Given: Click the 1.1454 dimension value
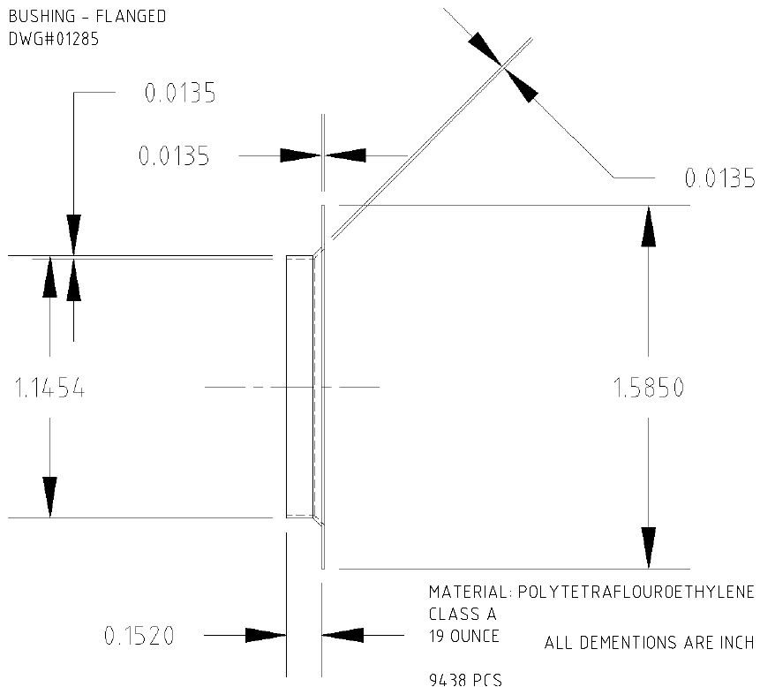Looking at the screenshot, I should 49,389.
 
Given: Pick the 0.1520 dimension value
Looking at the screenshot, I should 139,635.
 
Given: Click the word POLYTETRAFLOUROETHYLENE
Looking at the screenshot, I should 637,592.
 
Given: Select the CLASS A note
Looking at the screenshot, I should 463,614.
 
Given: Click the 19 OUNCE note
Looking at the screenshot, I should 464,636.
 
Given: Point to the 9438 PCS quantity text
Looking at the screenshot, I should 465,679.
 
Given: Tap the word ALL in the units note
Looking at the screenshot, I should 557,643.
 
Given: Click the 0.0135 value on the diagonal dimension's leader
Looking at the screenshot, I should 719,179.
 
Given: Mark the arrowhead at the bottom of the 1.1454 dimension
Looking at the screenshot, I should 49,495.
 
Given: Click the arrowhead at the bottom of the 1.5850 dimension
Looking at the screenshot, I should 649,548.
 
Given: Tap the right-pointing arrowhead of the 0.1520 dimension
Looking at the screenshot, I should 266,635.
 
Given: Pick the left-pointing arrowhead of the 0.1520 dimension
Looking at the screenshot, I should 343,635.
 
